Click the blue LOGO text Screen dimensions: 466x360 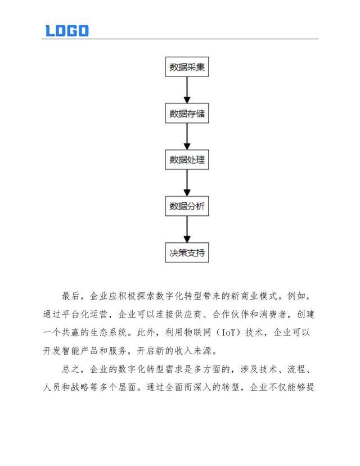[x=67, y=30]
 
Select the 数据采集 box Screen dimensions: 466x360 [x=187, y=68]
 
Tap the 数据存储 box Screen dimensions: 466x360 [x=187, y=114]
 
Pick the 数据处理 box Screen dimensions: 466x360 [x=187, y=160]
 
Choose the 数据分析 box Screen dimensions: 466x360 [x=187, y=206]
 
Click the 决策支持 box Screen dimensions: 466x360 [x=187, y=252]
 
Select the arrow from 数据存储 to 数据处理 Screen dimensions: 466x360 [x=187, y=137]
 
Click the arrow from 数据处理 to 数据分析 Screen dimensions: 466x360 [x=187, y=183]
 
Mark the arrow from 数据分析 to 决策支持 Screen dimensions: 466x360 [x=187, y=229]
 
